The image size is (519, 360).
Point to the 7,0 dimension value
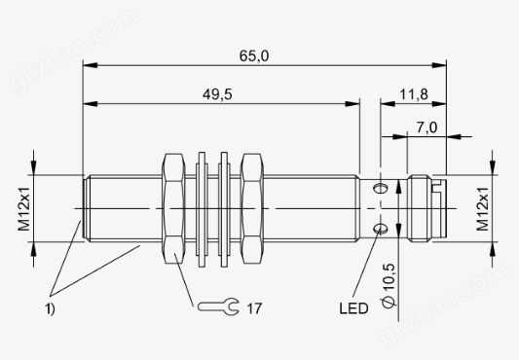click(x=426, y=127)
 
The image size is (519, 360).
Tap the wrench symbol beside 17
click(x=213, y=308)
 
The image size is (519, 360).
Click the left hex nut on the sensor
click(x=173, y=208)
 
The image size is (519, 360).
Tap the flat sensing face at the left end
click(x=82, y=208)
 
